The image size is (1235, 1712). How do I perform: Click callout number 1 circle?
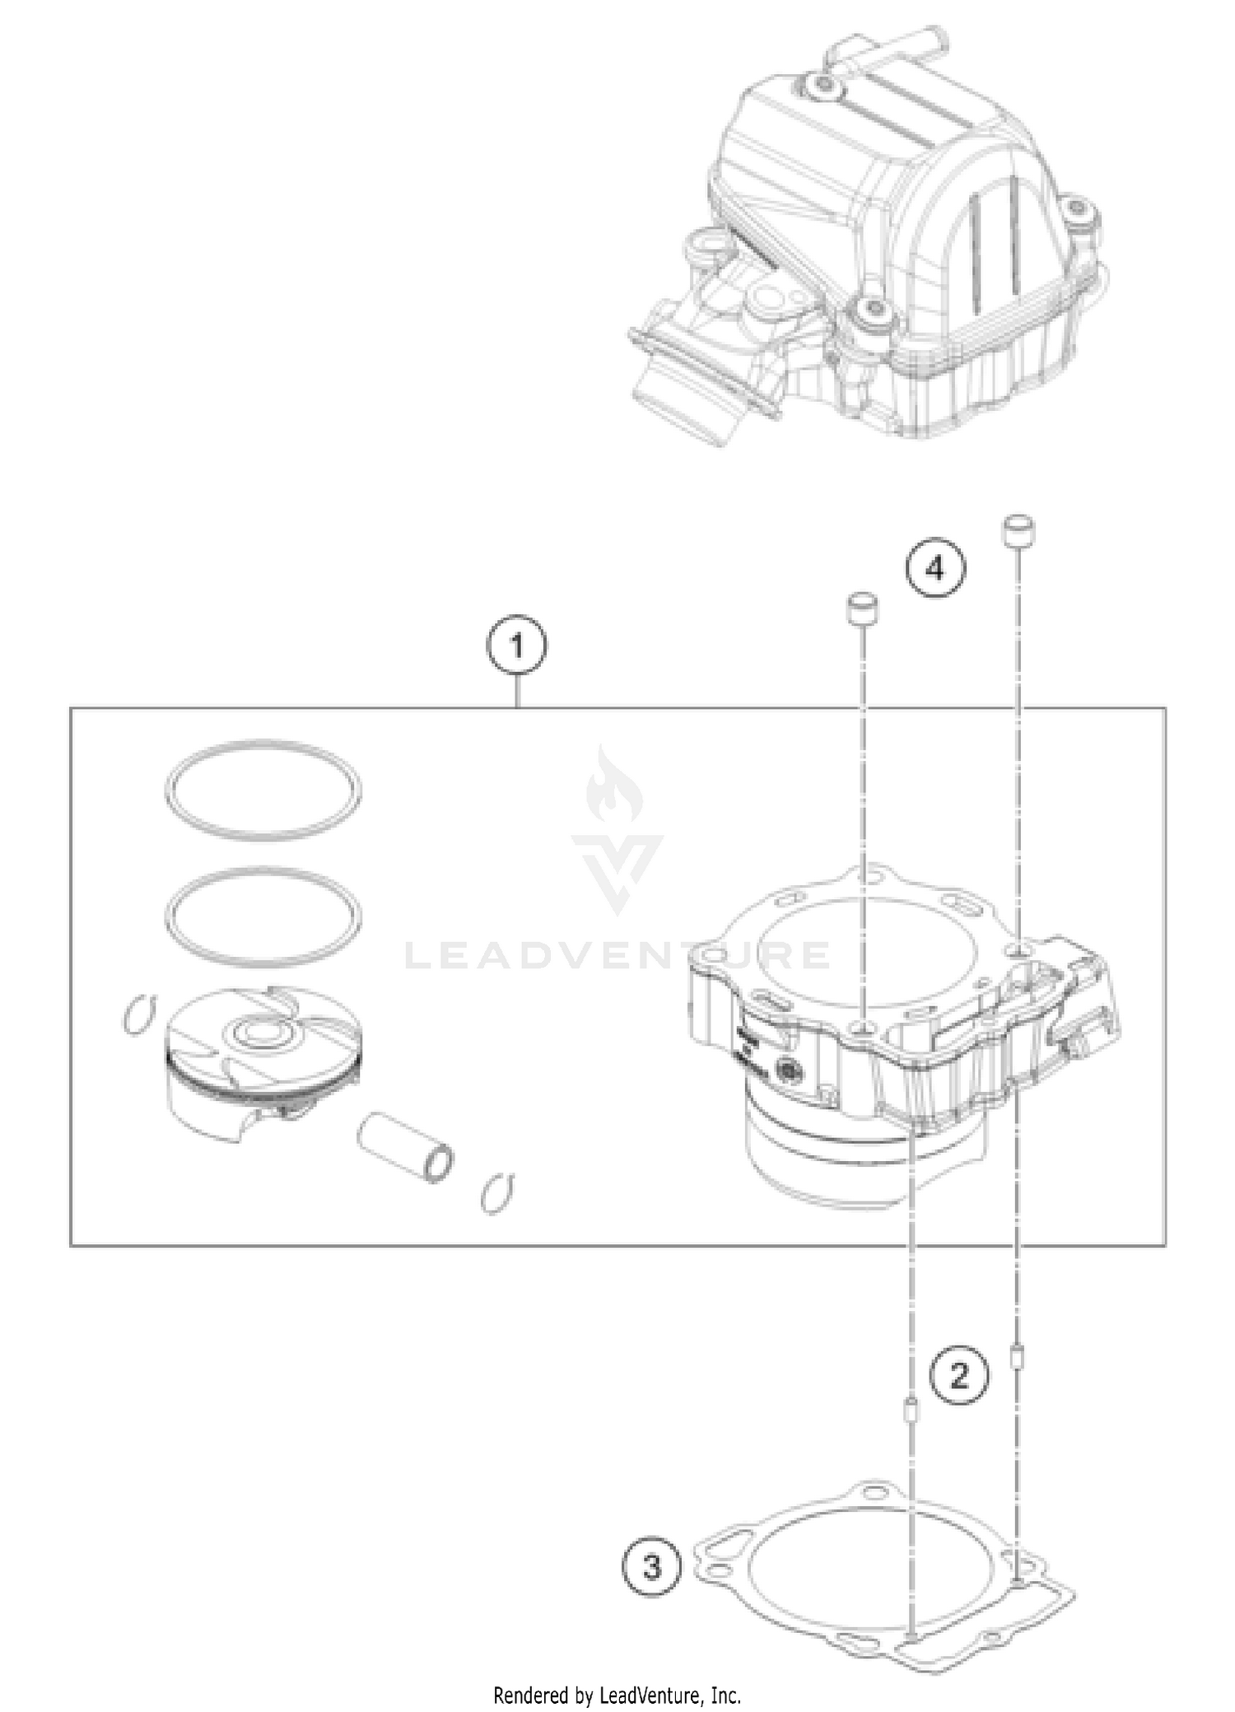click(517, 647)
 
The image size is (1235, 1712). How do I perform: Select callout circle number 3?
click(652, 1567)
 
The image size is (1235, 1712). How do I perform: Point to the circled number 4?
click(935, 567)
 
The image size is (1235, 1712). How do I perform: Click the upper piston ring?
click(263, 791)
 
